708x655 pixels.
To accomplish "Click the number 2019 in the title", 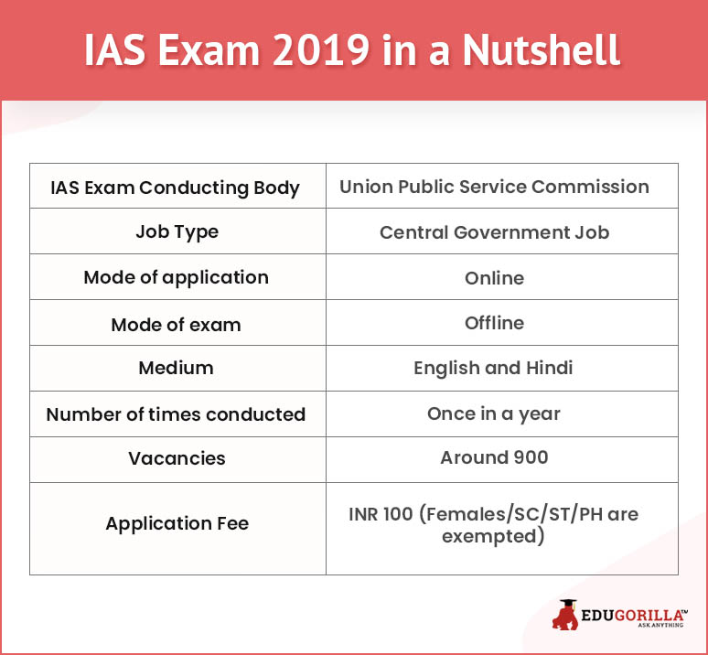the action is coord(321,49).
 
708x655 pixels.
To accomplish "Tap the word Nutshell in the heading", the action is coord(541,49).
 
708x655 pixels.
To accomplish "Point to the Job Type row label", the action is coord(177,232).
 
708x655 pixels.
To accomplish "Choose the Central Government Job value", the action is coord(495,232).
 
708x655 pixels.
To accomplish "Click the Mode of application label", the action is coord(177,277).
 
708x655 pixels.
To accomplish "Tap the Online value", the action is coord(495,278).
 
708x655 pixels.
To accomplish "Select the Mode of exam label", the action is coord(177,325).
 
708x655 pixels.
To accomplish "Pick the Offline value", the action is coord(495,323).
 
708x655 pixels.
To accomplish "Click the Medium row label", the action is coord(177,368).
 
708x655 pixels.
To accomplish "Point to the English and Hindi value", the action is coord(493,369).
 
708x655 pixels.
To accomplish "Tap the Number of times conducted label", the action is coord(177,414).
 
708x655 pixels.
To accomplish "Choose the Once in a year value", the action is coord(494,414).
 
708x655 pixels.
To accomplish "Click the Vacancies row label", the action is coord(177,458).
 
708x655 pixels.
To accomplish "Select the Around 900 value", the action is coord(495,457).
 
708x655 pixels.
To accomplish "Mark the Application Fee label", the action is coord(177,523).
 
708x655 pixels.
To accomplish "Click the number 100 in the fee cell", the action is coord(397,514).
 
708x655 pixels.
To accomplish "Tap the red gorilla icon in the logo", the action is coord(565,615).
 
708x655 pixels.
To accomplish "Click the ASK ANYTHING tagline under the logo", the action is coord(660,625).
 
